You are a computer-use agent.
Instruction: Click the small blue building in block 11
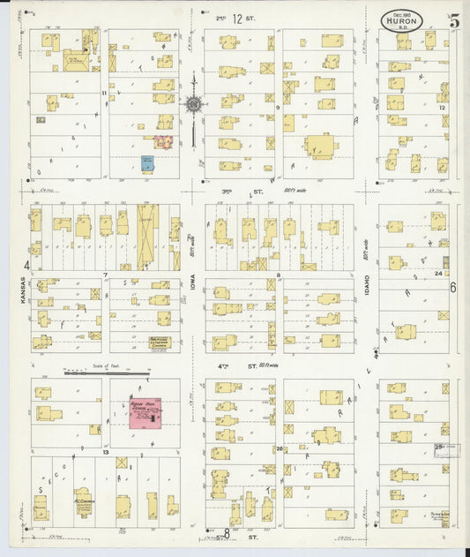pos(147,163)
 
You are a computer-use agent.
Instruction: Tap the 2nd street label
pos(220,17)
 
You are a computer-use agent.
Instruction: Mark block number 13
pos(105,451)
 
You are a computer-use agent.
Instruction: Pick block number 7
pos(105,275)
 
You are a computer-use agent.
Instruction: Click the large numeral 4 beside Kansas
pos(27,264)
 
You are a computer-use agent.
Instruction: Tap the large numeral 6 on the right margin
pos(453,287)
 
